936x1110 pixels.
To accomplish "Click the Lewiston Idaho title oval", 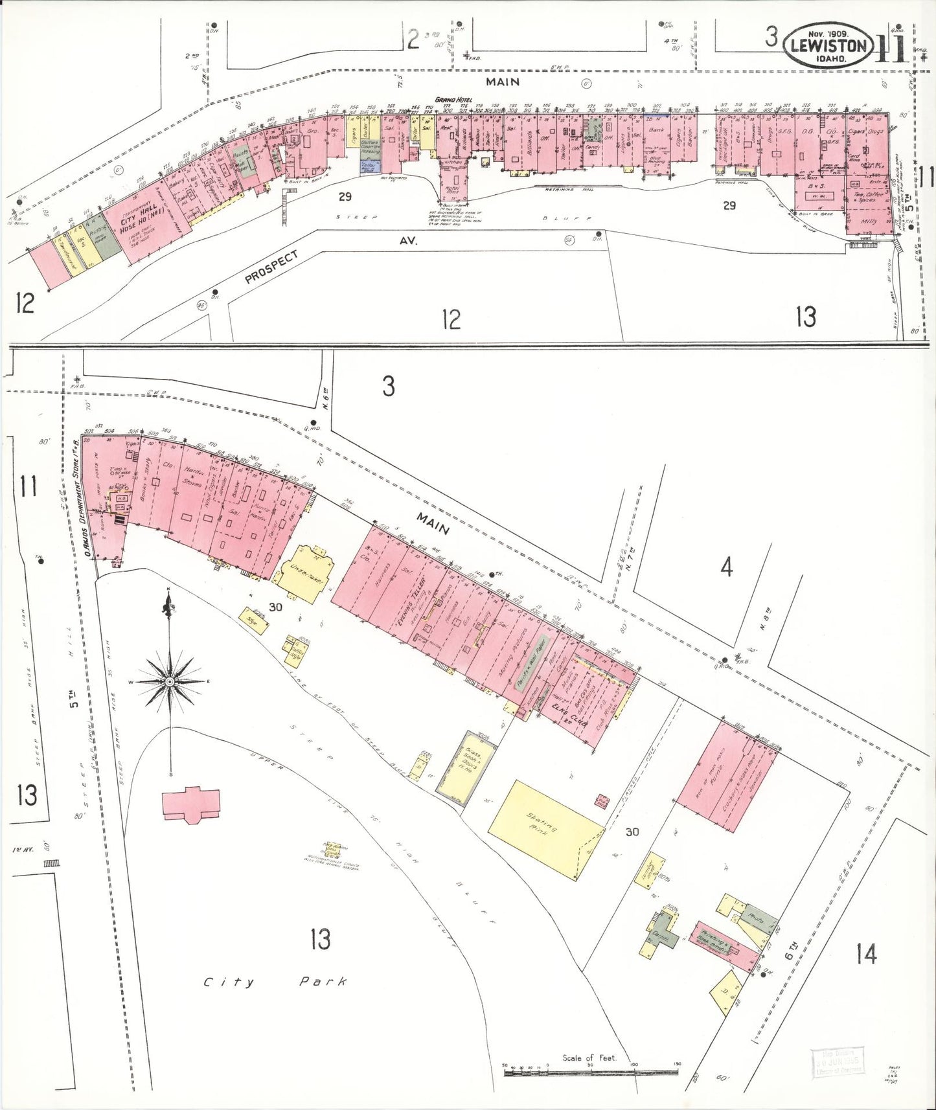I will pyautogui.click(x=828, y=45).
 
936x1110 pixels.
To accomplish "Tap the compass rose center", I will pyautogui.click(x=169, y=681).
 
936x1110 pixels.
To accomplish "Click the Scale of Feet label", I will pyautogui.click(x=589, y=1058).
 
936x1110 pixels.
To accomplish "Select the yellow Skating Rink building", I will pyautogui.click(x=545, y=829).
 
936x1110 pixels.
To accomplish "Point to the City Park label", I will pyautogui.click(x=275, y=982).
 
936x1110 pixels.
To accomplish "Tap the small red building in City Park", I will pyautogui.click(x=191, y=805).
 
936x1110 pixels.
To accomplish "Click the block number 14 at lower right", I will pyautogui.click(x=866, y=953).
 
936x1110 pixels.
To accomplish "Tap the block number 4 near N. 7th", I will pyautogui.click(x=726, y=568).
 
